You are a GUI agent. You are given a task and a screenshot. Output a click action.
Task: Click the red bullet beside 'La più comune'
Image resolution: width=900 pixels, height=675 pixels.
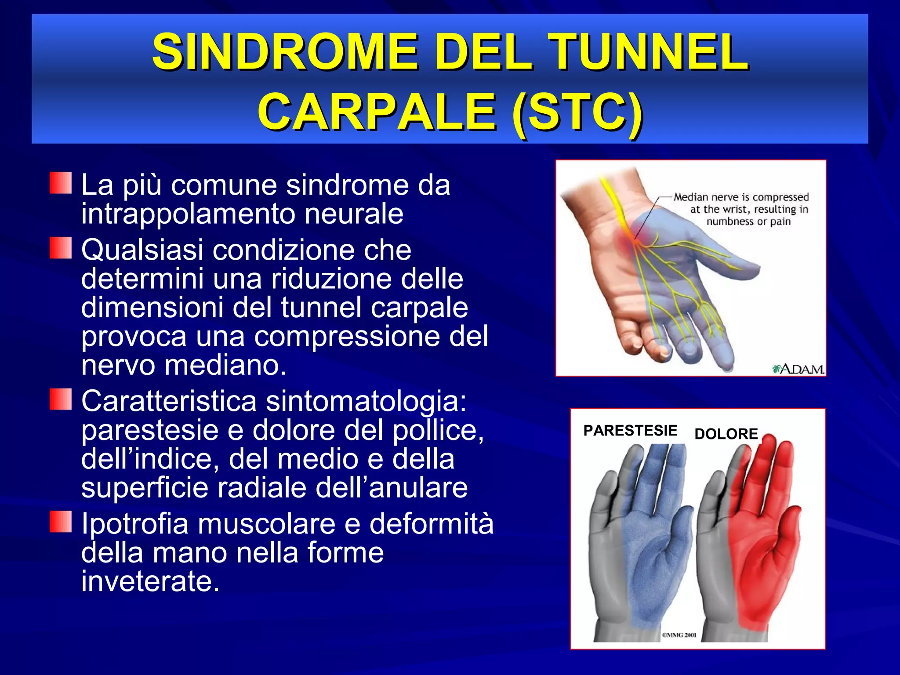[61, 183]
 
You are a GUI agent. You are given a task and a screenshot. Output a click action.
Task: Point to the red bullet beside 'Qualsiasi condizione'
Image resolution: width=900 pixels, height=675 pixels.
[61, 248]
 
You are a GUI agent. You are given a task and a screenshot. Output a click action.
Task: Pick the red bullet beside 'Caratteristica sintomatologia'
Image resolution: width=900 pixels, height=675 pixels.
[61, 399]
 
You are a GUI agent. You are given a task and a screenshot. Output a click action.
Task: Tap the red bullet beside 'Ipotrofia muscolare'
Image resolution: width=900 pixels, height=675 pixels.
[61, 522]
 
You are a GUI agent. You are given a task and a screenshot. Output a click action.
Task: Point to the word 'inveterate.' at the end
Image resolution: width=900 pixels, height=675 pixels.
[150, 581]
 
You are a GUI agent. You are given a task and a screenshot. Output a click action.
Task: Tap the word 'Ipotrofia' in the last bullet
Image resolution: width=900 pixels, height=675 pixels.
[134, 524]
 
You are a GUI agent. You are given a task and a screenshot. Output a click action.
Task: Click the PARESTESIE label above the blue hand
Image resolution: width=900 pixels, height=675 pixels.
[630, 431]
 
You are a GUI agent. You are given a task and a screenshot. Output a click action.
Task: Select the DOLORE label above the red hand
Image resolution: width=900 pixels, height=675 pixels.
[726, 434]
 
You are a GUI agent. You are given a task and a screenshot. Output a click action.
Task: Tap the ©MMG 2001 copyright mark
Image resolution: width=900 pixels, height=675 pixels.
[679, 635]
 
